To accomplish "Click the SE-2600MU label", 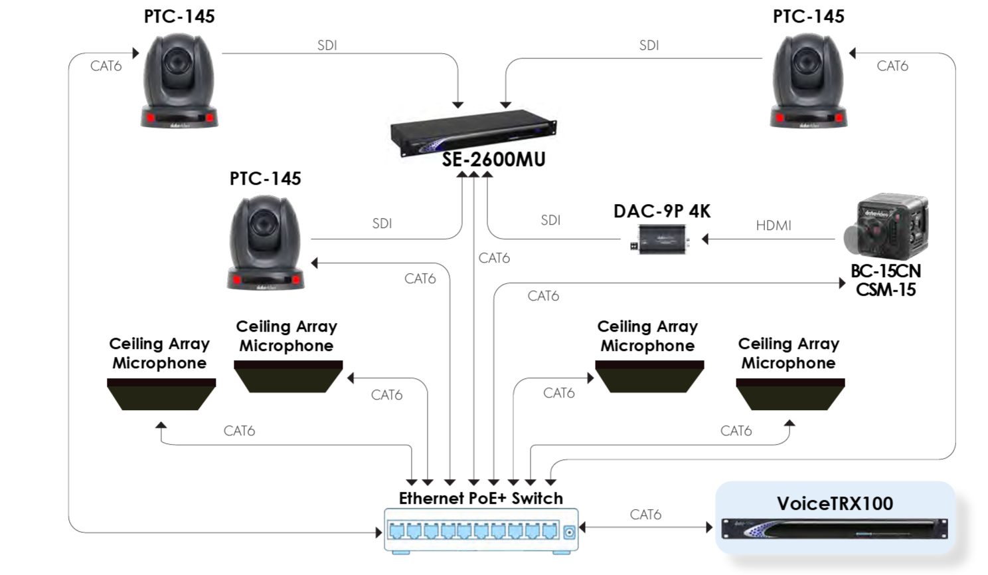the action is (493, 160).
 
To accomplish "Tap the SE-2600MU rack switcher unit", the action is (473, 132).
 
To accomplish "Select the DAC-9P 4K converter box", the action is (660, 239).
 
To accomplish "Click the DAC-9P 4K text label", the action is (662, 211).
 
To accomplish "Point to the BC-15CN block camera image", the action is (886, 226).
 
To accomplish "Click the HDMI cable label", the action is (774, 225).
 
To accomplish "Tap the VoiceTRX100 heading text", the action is (835, 503).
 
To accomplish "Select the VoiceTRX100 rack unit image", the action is (835, 528).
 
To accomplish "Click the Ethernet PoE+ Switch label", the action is (481, 498).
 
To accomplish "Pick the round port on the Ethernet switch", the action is (570, 532).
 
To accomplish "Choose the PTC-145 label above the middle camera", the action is (265, 179).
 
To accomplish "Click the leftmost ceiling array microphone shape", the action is (161, 394).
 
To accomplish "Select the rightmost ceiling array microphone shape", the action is (790, 394).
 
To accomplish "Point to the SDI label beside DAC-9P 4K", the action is (550, 220).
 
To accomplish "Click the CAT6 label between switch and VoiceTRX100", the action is (645, 515).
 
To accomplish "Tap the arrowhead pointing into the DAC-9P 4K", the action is (705, 239).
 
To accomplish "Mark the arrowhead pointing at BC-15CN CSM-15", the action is (842, 283).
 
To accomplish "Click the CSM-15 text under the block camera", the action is (886, 290).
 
